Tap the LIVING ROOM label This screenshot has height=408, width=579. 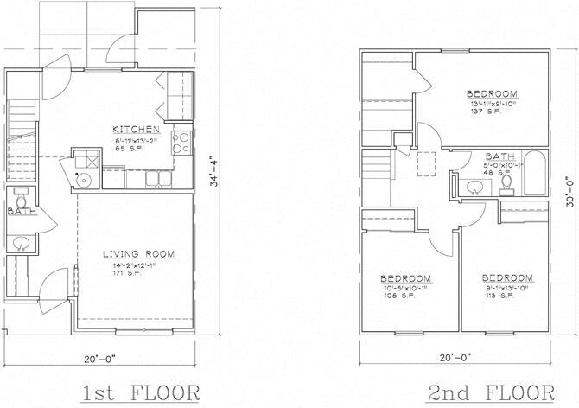(138, 253)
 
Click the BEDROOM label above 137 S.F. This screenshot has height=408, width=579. (491, 93)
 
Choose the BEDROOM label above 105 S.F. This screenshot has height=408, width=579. (406, 279)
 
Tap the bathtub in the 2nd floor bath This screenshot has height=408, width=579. (534, 173)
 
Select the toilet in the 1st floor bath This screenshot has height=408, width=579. (20, 195)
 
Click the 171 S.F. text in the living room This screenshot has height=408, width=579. (121, 272)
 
